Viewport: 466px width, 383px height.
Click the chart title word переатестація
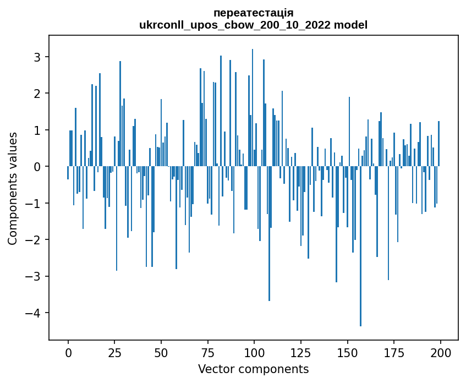(253, 13)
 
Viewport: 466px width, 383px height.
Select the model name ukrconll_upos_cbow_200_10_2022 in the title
(238, 25)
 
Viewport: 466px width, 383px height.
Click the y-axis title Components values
(13, 188)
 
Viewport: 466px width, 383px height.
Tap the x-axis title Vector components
(253, 369)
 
